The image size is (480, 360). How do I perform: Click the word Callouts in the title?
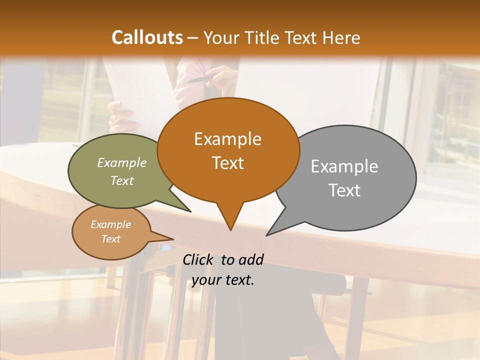(147, 37)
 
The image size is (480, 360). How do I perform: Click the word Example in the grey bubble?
(344, 166)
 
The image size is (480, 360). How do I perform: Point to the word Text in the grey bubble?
(344, 190)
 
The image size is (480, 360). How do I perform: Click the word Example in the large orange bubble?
(227, 139)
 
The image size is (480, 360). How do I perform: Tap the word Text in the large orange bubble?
(227, 163)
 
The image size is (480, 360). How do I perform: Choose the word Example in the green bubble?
(122, 163)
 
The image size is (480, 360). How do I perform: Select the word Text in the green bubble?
(122, 180)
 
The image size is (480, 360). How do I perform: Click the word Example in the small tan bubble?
(110, 224)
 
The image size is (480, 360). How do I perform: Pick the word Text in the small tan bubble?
(110, 239)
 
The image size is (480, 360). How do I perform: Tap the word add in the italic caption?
(250, 259)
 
